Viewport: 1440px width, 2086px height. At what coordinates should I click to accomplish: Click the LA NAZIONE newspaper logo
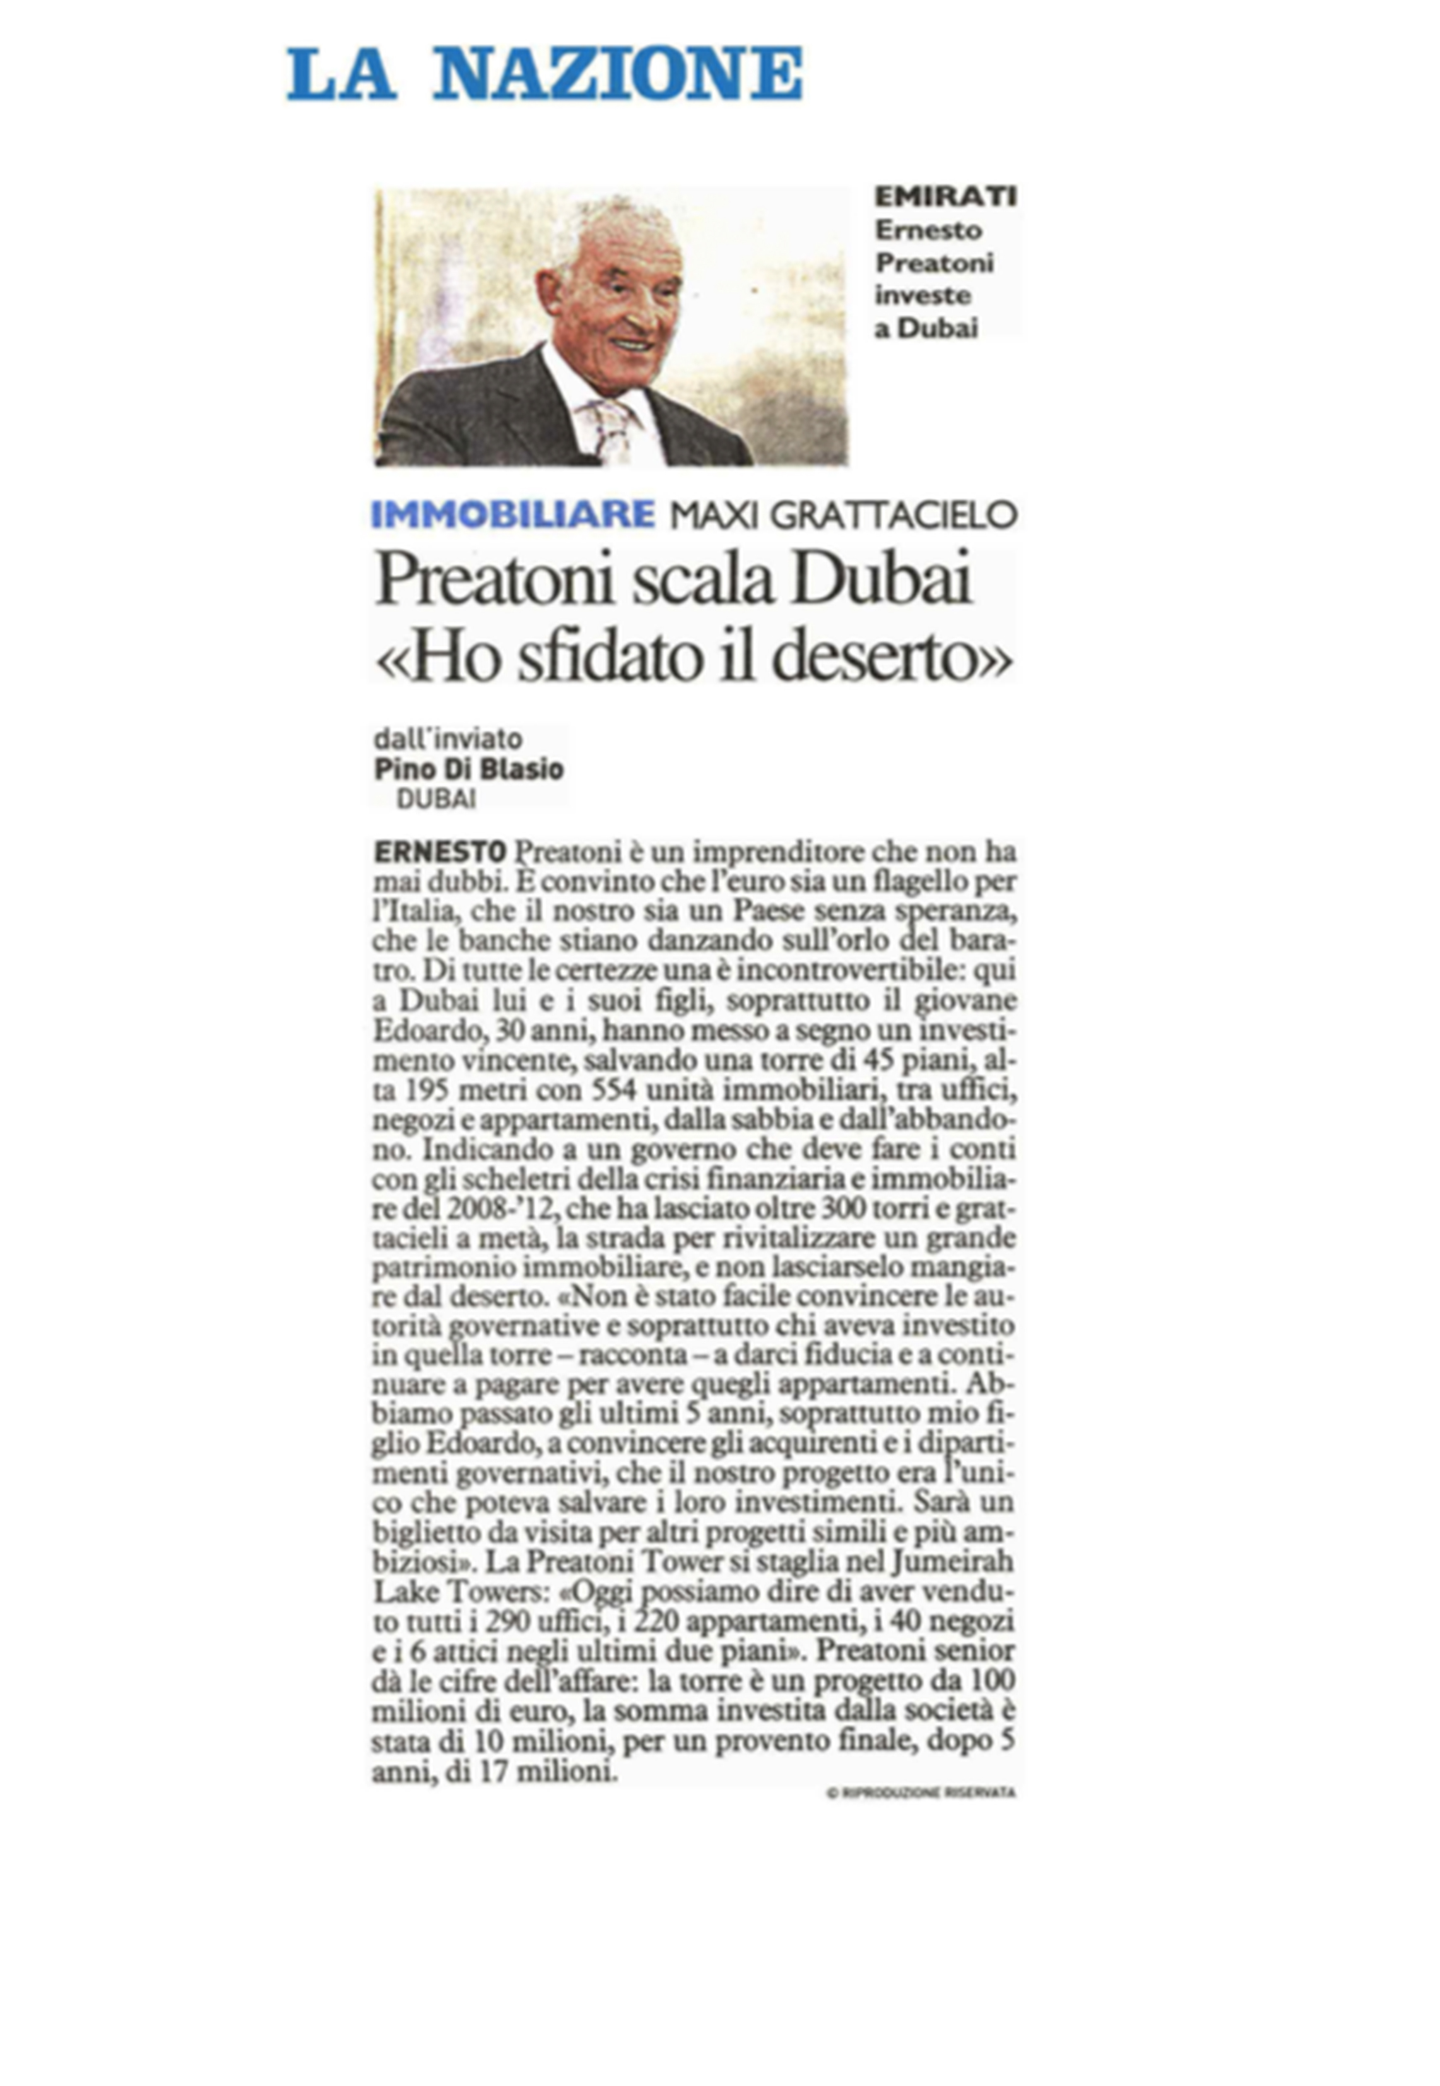[544, 74]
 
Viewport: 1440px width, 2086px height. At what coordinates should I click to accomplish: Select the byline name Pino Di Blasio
[469, 769]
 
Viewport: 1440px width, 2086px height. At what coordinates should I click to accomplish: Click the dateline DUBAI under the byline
[437, 798]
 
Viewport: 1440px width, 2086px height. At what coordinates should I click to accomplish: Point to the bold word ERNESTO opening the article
[439, 851]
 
